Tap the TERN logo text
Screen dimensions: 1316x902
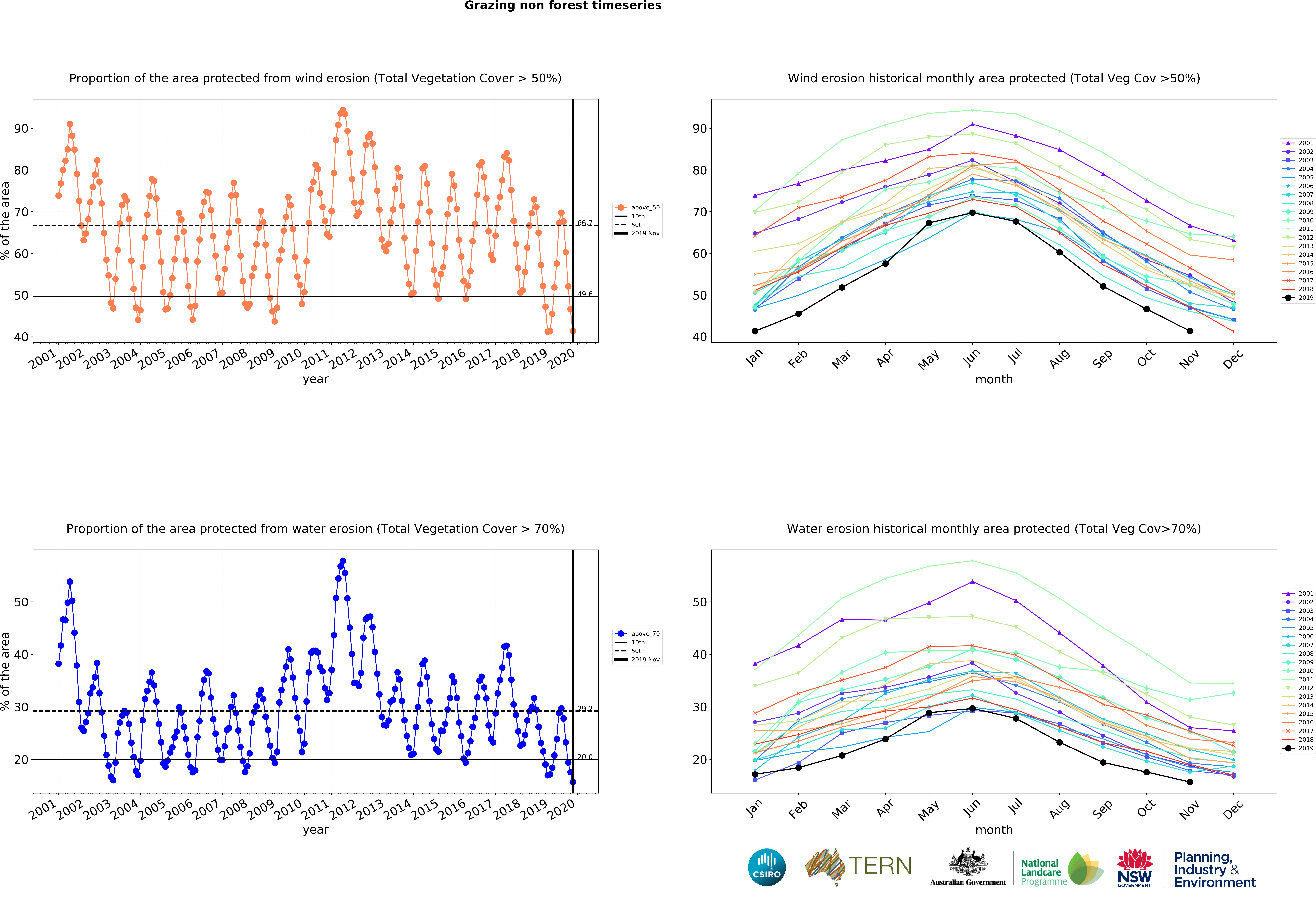pos(880,866)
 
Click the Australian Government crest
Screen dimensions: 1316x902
pos(968,862)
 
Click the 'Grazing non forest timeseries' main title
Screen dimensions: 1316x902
pos(563,6)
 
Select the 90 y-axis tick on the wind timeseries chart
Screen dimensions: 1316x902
pos(21,129)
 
